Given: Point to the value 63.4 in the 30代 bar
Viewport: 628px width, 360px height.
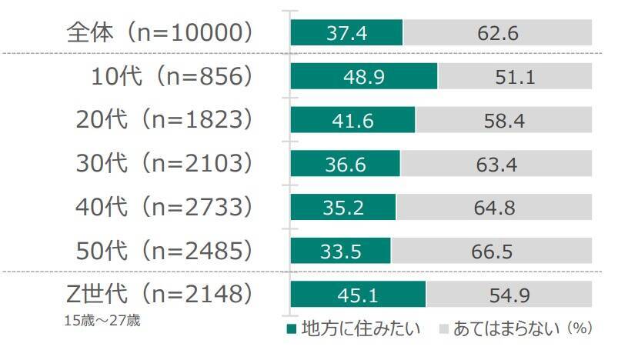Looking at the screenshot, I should [x=496, y=164].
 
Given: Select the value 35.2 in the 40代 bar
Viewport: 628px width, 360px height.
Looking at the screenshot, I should [x=342, y=208].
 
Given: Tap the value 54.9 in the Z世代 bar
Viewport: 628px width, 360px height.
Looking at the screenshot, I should [x=509, y=295].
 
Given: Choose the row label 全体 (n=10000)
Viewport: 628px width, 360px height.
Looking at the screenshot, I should [x=160, y=33].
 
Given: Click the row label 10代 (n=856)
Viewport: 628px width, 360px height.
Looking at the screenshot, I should [x=171, y=77].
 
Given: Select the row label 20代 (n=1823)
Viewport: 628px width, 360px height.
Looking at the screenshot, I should [x=164, y=120].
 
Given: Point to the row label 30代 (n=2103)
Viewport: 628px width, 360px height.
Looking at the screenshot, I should [x=164, y=164].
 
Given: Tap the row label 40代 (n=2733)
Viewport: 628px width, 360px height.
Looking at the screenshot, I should [x=164, y=208].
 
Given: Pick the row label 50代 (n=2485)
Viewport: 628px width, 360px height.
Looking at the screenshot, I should [x=164, y=251].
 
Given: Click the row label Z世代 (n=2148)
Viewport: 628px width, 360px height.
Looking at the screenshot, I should [x=160, y=294].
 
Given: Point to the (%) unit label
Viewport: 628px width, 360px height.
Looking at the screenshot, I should [x=579, y=328].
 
